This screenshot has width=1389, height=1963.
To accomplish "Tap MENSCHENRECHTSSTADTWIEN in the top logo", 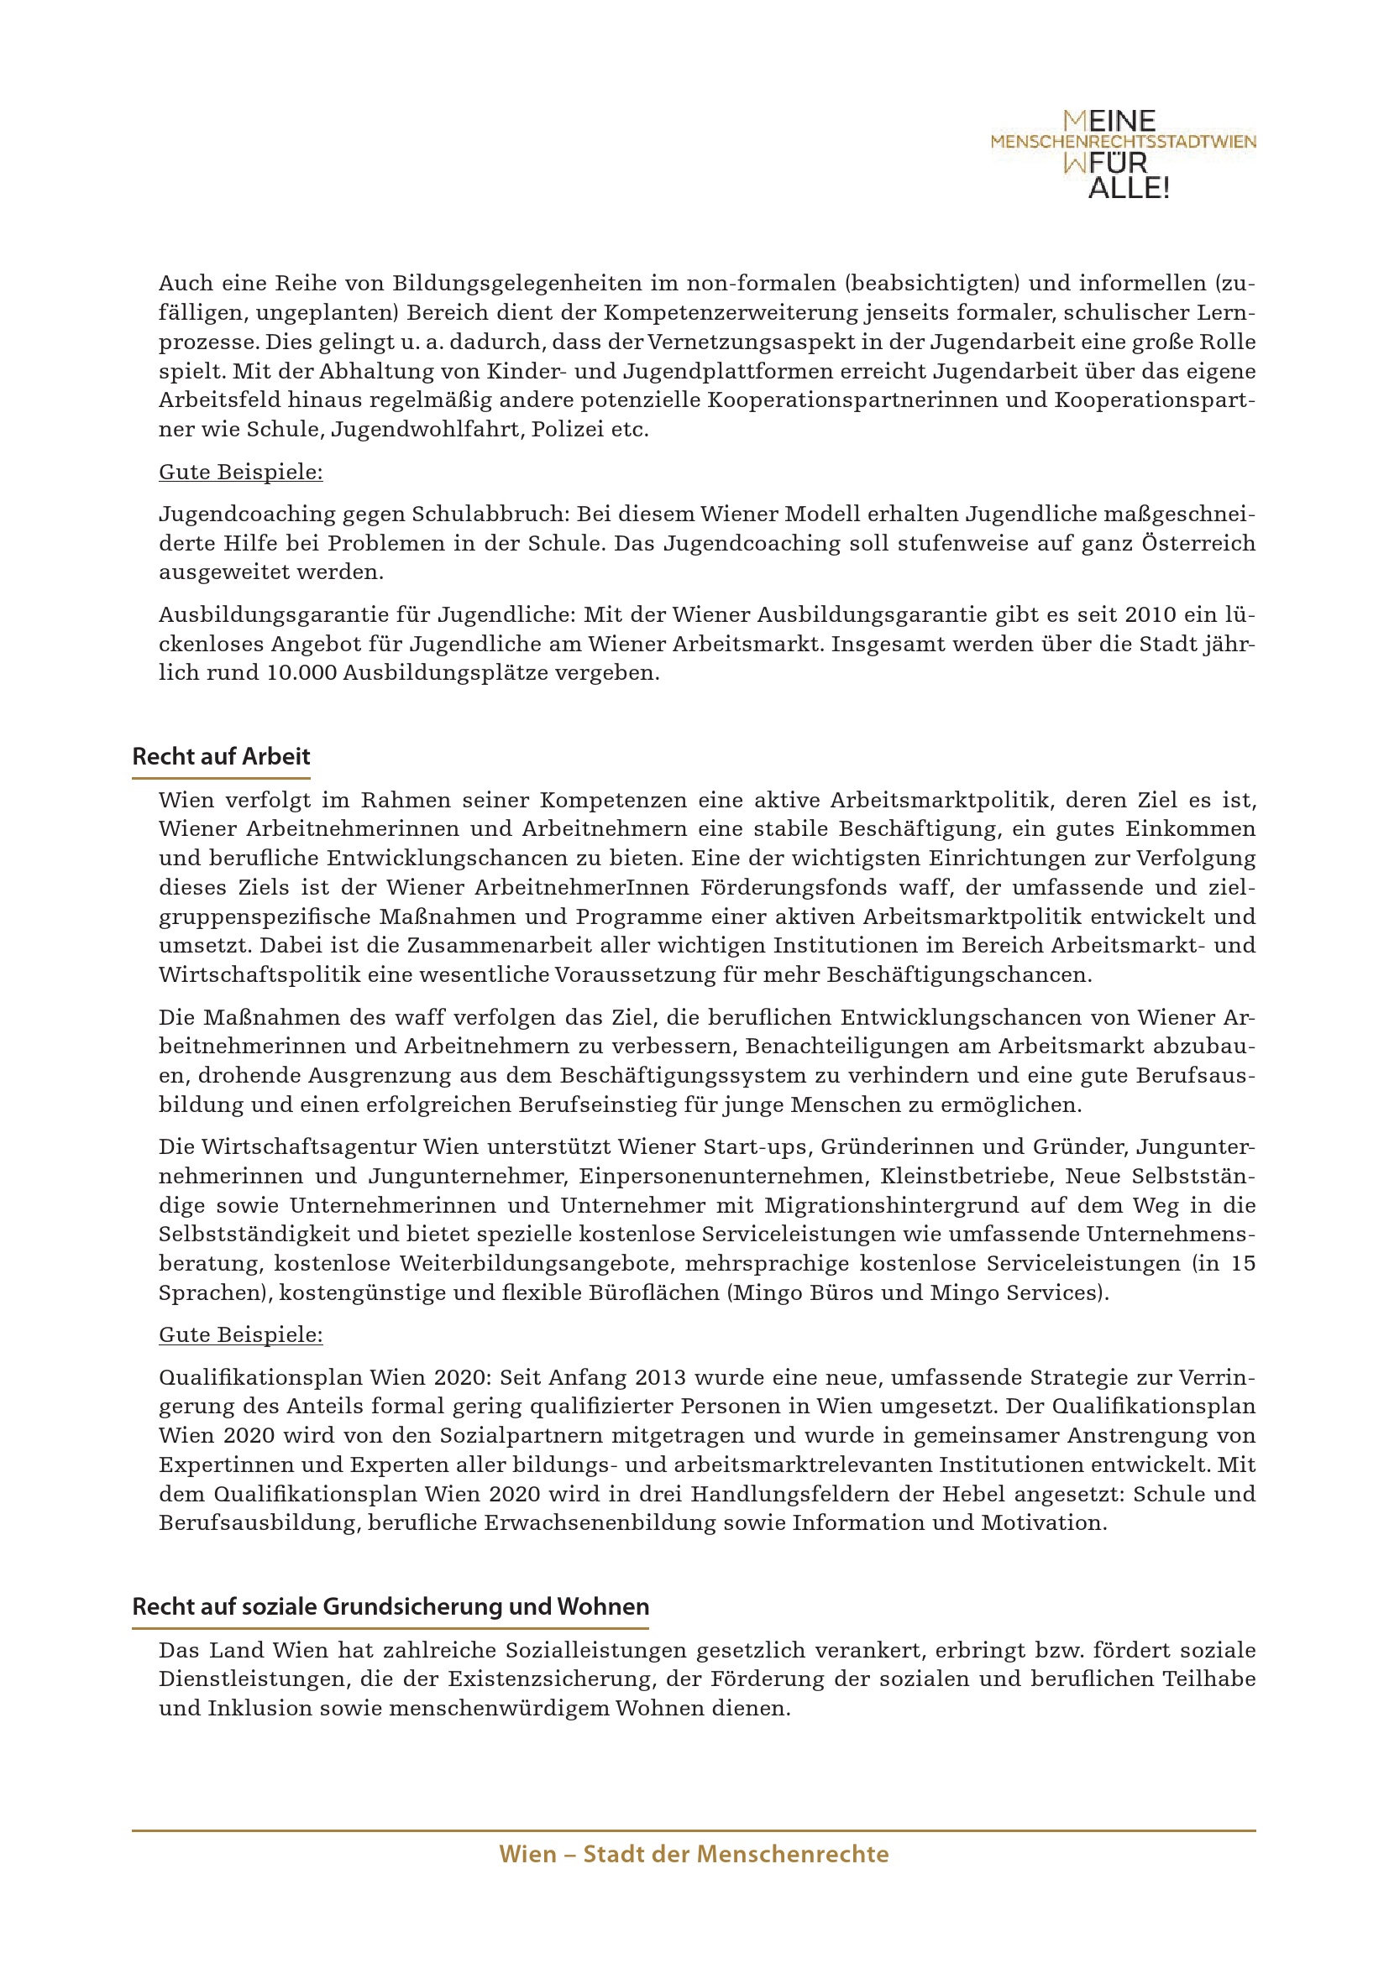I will [1123, 142].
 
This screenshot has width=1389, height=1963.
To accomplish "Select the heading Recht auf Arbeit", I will [221, 757].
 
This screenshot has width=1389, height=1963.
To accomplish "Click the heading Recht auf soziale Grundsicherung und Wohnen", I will [390, 1606].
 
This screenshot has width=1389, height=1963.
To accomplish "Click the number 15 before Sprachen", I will [1243, 1264].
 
